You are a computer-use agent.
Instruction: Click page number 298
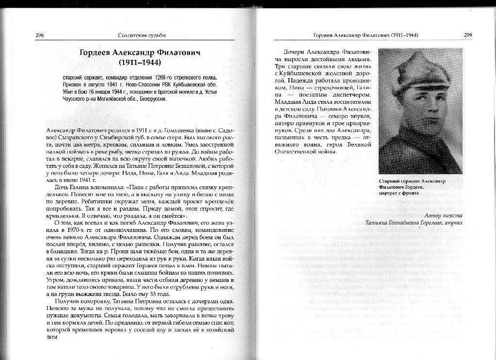tap(40, 35)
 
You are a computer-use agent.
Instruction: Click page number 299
tap(468, 35)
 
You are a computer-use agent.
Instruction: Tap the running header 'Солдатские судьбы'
tap(139, 35)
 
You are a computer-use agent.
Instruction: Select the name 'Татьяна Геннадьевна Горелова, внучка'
tap(415, 222)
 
